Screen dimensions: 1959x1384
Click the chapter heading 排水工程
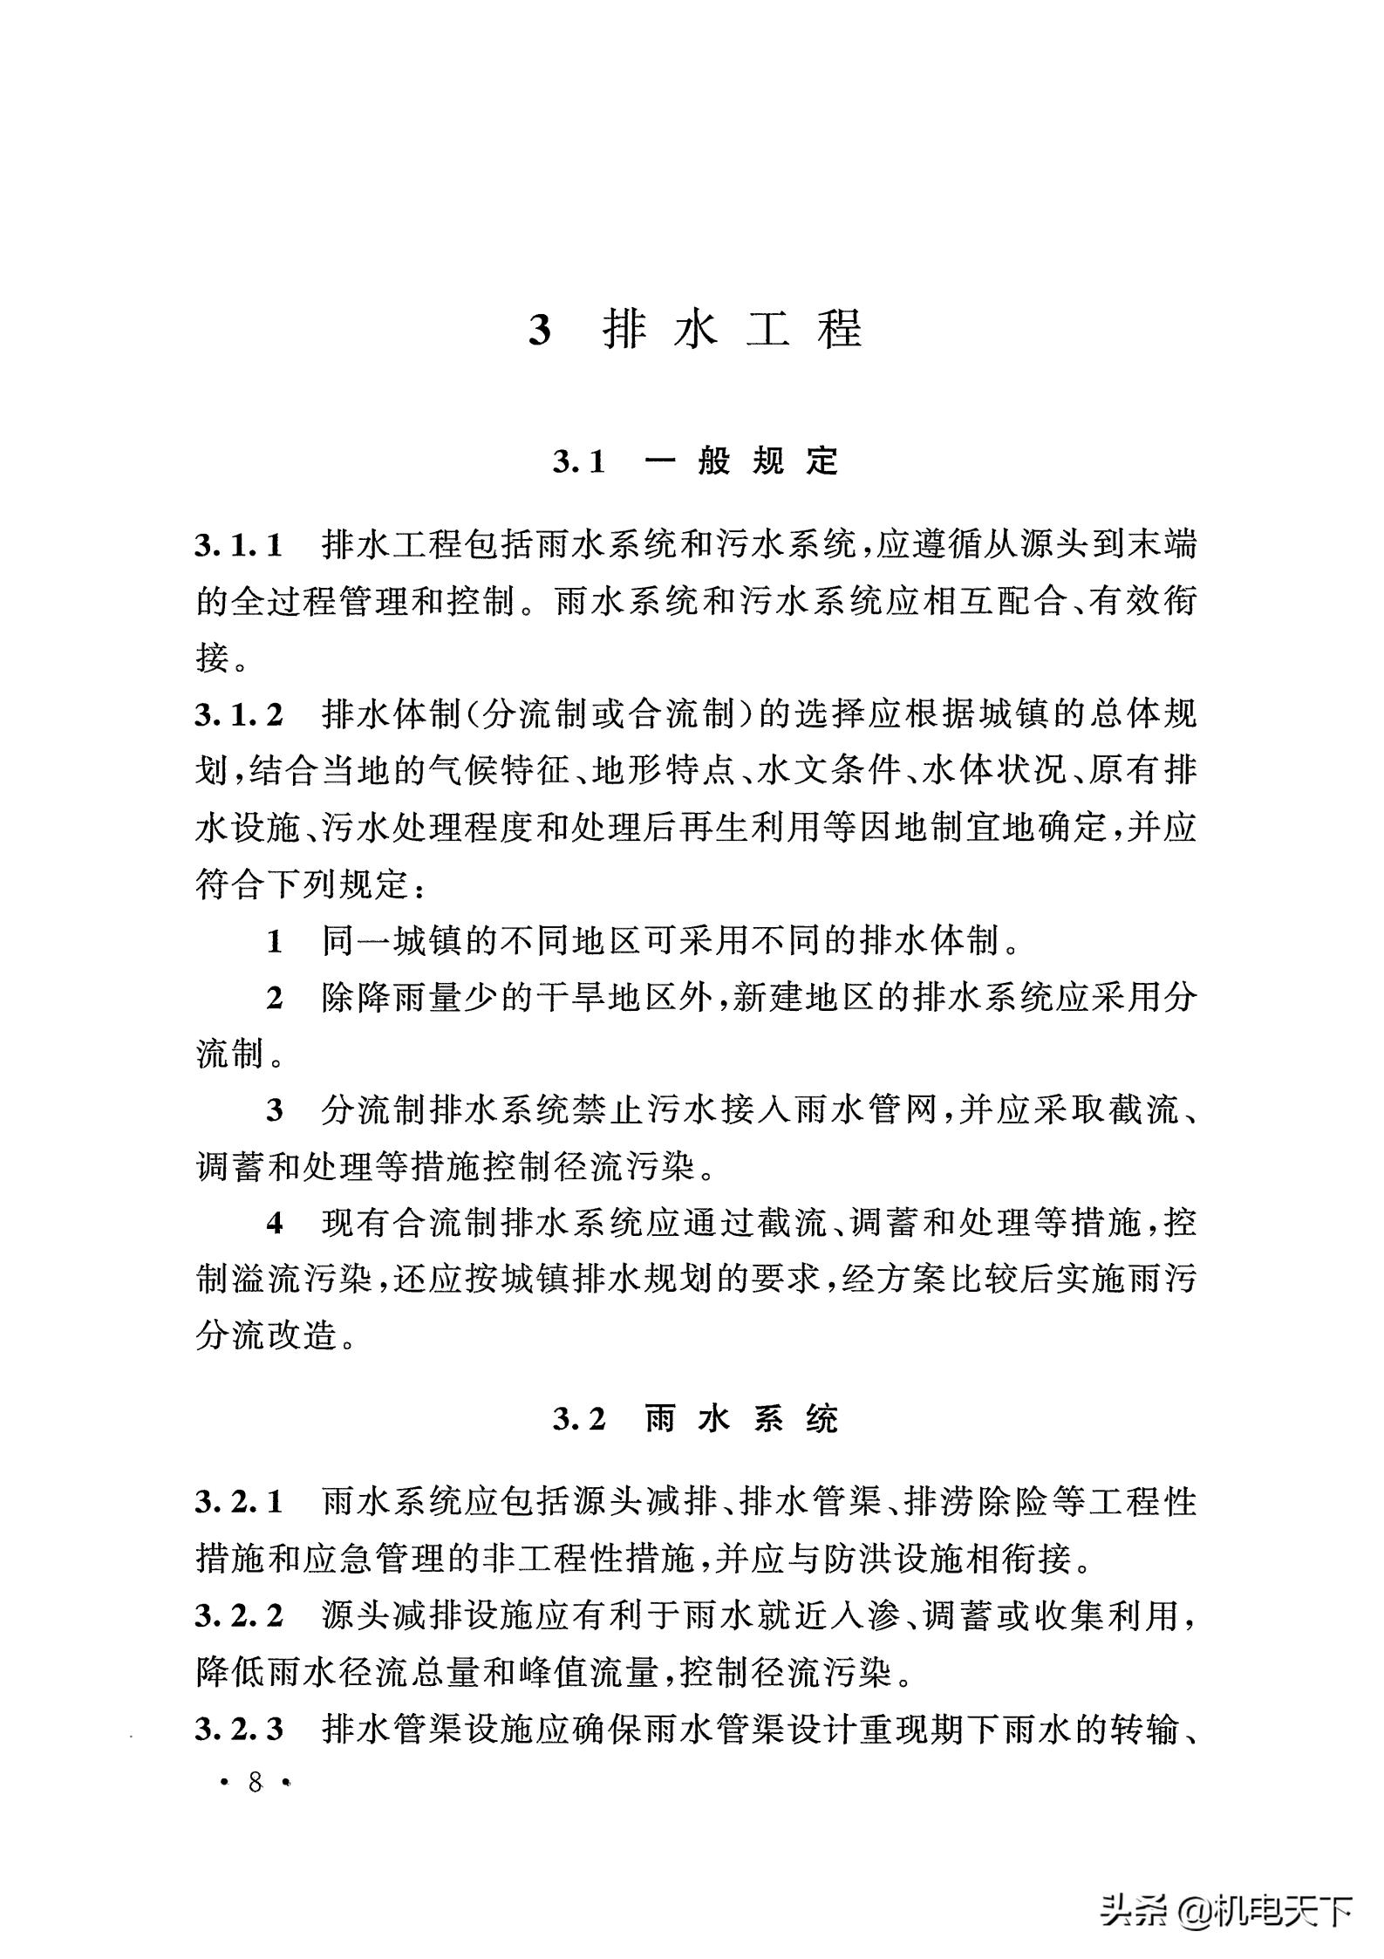pos(733,330)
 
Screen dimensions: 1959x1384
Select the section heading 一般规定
pos(740,461)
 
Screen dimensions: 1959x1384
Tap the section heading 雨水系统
pos(740,1419)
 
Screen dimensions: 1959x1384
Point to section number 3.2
pos(578,1420)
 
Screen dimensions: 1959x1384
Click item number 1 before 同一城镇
pos(275,942)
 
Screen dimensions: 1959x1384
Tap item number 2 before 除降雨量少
pos(275,999)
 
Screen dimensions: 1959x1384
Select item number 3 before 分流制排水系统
pos(275,1111)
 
